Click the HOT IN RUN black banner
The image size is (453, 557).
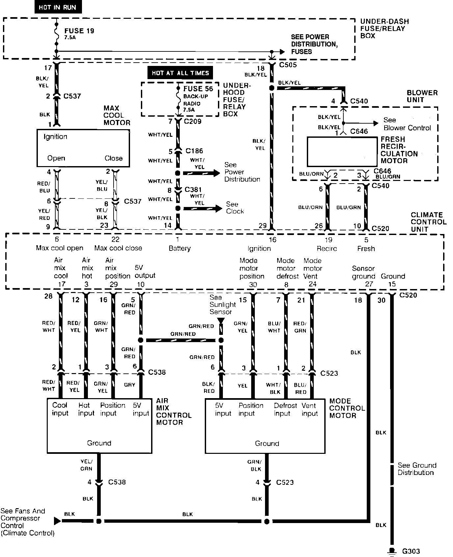coord(57,7)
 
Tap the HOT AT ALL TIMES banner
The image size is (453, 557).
coord(180,73)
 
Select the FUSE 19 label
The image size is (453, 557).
coord(79,31)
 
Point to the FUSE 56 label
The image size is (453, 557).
coord(198,89)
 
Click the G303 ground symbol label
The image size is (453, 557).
coord(411,551)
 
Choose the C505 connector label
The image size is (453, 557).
coord(288,65)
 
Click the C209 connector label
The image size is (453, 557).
coord(193,121)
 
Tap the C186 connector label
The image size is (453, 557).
coord(194,151)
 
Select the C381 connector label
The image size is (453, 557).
coord(193,190)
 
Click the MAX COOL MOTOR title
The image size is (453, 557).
coord(117,115)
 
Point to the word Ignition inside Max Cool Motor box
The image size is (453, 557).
coord(55,137)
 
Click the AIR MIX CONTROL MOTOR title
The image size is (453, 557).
coord(173,412)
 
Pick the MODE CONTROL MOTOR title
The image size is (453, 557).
coord(347,408)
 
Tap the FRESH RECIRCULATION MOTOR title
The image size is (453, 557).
coord(399,150)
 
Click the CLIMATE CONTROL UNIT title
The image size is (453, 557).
coord(428,222)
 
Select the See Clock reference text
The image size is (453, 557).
coord(235,208)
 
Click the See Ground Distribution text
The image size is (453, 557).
coord(417,469)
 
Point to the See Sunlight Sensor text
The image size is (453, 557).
coord(223,305)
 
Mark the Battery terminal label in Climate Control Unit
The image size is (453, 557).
coord(179,248)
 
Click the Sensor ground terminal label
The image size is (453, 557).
coord(363,272)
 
